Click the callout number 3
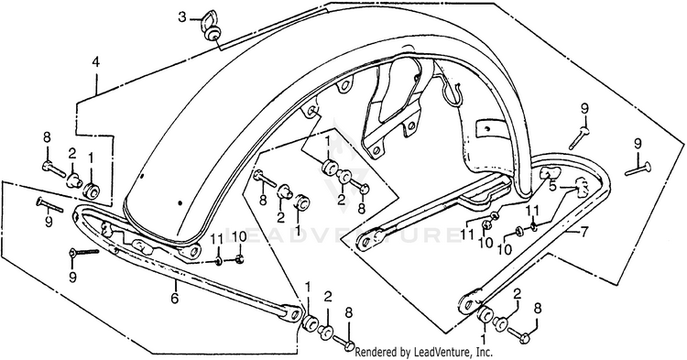[x=182, y=18]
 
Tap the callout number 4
[x=95, y=61]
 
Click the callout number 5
[x=553, y=186]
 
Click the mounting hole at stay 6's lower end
[x=295, y=312]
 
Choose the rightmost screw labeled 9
[x=638, y=169]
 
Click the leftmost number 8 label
[x=47, y=137]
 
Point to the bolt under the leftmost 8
[x=53, y=169]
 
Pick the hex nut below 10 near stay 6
[x=239, y=260]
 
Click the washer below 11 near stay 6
[x=218, y=262]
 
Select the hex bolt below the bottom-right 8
[x=520, y=335]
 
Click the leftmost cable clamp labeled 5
[x=546, y=173]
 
